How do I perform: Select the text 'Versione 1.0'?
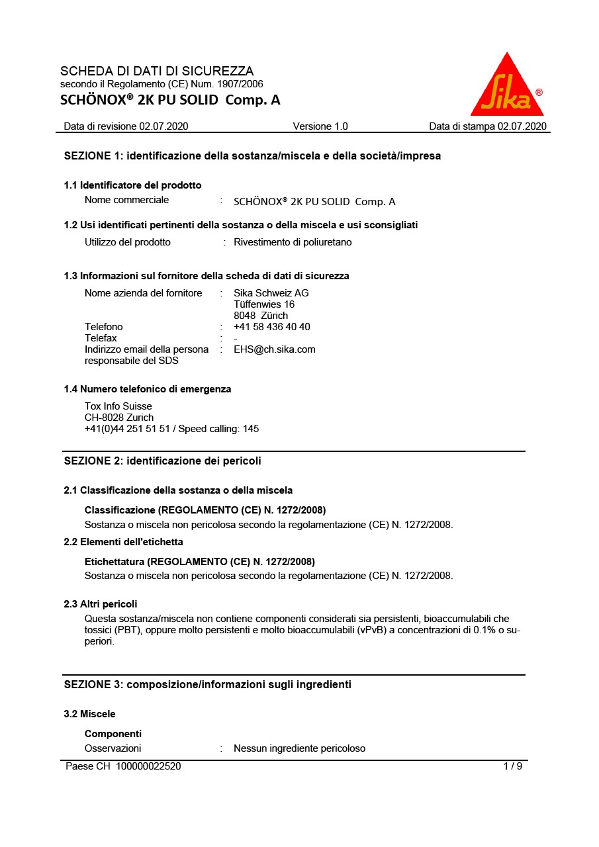[x=320, y=126]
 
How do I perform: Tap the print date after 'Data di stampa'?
[x=522, y=126]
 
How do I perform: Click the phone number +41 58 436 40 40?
[x=272, y=327]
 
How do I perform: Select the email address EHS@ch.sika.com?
[x=275, y=349]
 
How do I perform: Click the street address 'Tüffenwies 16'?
[x=264, y=304]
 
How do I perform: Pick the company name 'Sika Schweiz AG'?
[x=271, y=293]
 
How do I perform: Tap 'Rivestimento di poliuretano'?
[x=293, y=242]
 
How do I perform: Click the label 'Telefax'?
[x=101, y=338]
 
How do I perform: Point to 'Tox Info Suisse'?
[x=118, y=406]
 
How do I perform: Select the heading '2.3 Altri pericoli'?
[x=101, y=604]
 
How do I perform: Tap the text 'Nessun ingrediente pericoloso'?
[x=299, y=748]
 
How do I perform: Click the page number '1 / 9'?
[x=513, y=766]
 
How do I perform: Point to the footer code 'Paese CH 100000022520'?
[x=123, y=766]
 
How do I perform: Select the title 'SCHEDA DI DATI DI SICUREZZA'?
[x=157, y=71]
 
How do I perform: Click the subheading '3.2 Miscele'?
[x=89, y=714]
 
